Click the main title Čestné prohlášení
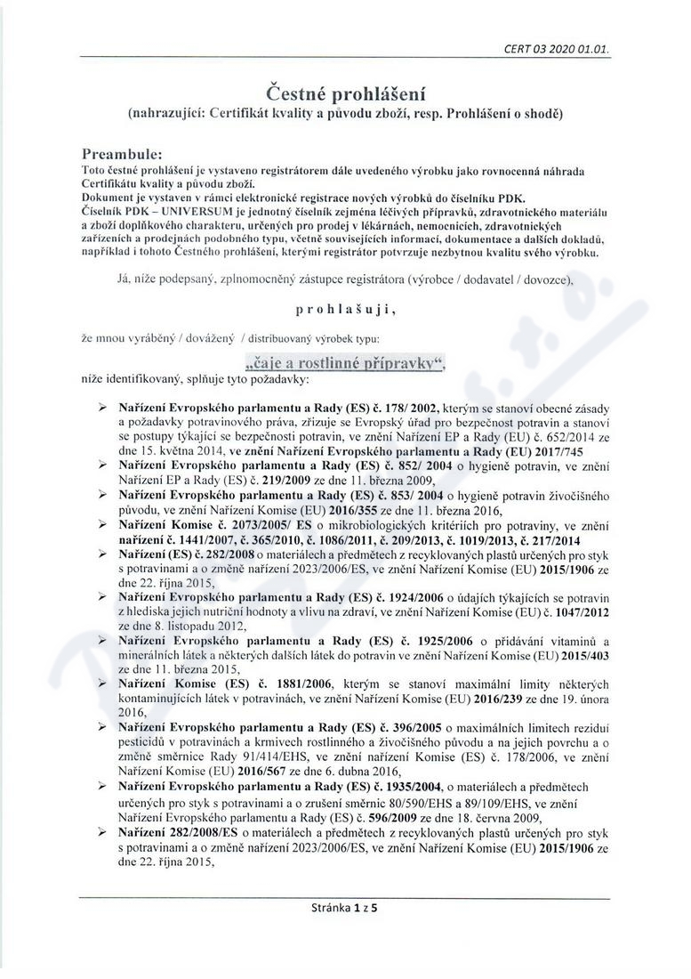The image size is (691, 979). tap(344, 93)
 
